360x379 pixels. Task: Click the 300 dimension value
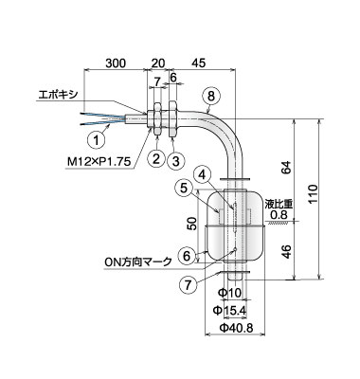pos(116,63)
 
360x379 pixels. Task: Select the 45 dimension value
pos(199,63)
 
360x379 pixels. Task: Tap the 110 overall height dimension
pos(313,194)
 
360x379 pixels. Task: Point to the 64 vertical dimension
pos(286,168)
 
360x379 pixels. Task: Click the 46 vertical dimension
pos(286,251)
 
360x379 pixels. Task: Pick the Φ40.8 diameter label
pos(237,329)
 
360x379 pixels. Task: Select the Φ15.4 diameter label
pos(229,311)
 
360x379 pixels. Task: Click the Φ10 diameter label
pos(230,293)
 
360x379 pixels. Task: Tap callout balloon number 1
pos(96,139)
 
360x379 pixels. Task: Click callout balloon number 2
pos(156,158)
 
